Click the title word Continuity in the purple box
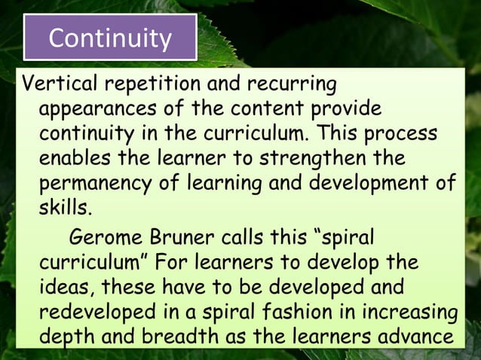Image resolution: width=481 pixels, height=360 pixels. [x=110, y=37]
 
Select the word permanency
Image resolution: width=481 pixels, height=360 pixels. [x=95, y=185]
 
